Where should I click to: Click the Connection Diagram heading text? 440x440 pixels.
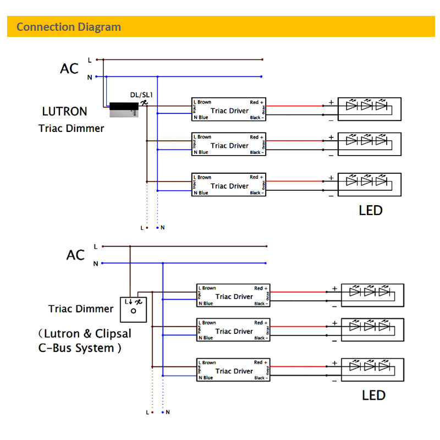[69, 27]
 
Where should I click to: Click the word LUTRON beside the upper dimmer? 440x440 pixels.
[64, 111]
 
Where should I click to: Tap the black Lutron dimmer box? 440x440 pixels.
[123, 109]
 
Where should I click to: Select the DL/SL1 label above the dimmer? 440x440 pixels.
[141, 95]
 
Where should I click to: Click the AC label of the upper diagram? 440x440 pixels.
[69, 69]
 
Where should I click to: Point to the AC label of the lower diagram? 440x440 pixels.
[76, 255]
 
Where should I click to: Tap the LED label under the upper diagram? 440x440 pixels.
[370, 210]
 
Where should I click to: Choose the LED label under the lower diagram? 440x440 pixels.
[373, 395]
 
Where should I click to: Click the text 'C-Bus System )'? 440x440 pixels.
[76, 348]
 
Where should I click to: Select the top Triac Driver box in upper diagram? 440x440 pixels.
[229, 110]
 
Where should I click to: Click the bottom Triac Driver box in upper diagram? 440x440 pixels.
[229, 185]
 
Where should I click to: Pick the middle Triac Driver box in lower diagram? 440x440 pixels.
[234, 331]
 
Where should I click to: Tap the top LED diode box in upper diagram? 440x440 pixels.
[369, 109]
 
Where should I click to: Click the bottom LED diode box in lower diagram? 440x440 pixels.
[372, 370]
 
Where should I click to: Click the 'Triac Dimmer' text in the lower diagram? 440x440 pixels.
[80, 309]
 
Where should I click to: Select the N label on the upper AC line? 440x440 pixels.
[90, 78]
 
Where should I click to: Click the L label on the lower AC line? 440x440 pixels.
[96, 246]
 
